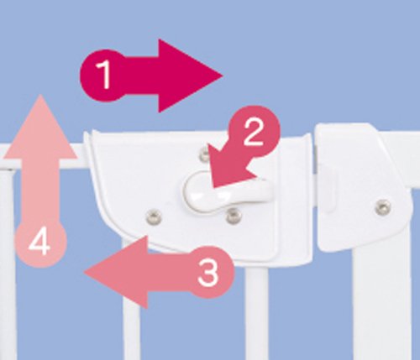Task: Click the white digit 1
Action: (x=104, y=75)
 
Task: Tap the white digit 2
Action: (x=254, y=132)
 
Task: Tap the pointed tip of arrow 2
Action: (x=213, y=187)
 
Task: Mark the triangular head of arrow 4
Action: (x=40, y=128)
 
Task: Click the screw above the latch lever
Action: (x=204, y=154)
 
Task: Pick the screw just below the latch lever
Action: (x=234, y=216)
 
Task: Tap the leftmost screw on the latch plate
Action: (x=154, y=217)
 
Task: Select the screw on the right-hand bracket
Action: (x=383, y=207)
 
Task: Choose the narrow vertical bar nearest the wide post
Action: (x=256, y=313)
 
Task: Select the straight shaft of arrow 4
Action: (x=40, y=190)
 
